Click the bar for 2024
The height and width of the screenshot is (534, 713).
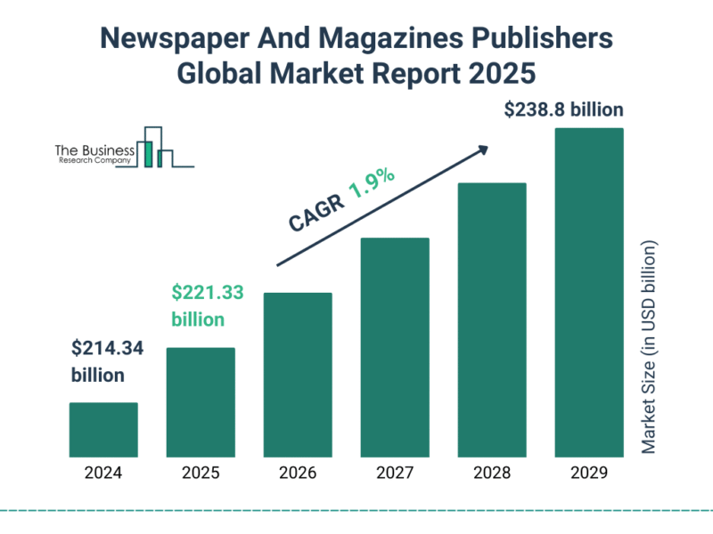point(103,429)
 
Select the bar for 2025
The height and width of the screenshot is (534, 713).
point(201,401)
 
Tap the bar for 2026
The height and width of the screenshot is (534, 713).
point(298,374)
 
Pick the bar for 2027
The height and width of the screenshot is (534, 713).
point(395,346)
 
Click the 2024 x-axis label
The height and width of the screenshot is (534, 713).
point(103,473)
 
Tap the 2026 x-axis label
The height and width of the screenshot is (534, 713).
point(298,473)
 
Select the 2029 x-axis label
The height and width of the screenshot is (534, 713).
point(589,473)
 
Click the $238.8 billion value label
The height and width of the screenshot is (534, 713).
point(563,110)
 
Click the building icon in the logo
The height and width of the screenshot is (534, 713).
point(155,148)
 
